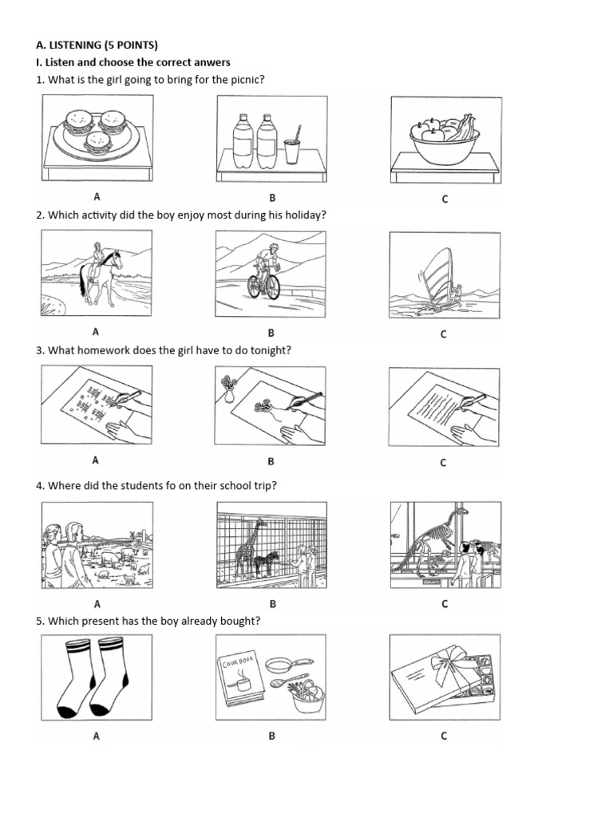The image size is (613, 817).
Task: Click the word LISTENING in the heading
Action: coord(73,45)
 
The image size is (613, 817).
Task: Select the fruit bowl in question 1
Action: coord(445,140)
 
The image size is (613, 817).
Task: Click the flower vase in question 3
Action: coord(228,390)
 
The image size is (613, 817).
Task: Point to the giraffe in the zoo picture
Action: coord(247,547)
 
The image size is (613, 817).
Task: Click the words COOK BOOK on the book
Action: coord(238,662)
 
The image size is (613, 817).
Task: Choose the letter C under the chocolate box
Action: coord(444,736)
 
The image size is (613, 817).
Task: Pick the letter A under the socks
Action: coord(96,736)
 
